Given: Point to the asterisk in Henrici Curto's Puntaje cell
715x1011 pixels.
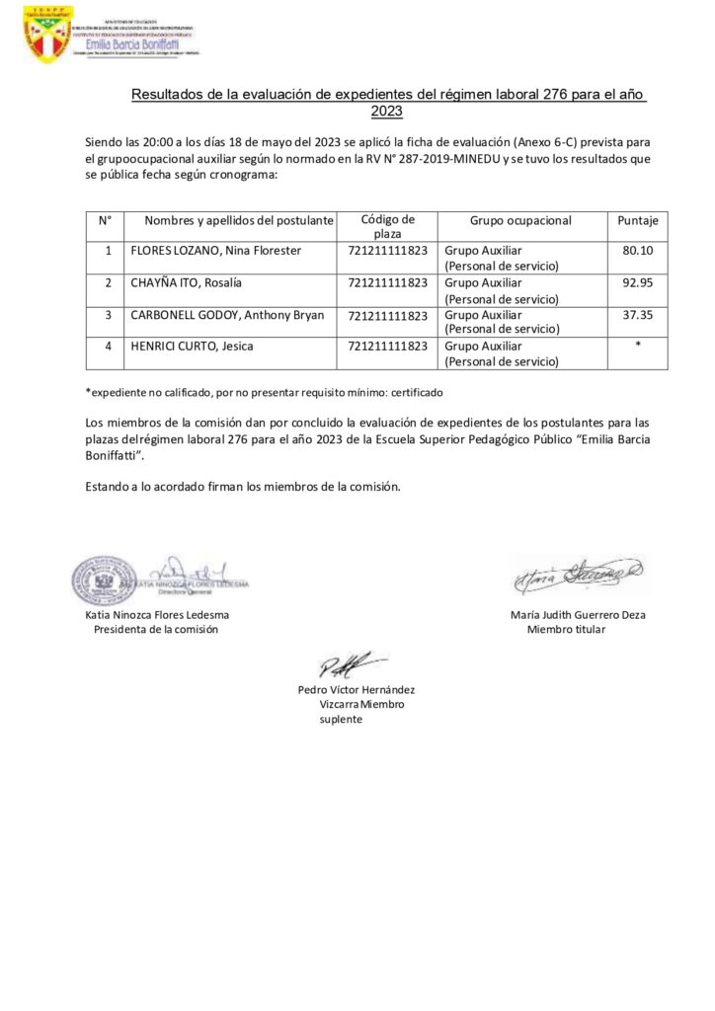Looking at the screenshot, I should pos(639,347).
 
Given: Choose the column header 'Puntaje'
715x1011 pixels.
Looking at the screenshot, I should pos(638,220).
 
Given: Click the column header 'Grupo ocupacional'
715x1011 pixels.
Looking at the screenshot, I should pos(519,220).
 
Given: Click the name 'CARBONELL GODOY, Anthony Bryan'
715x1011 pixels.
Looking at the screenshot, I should pos(227,315).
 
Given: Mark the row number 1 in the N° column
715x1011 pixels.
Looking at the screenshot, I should pos(106,251).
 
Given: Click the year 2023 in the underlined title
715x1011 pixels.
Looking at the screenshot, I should pos(389,113).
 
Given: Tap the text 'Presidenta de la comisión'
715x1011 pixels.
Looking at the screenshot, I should pos(156,629).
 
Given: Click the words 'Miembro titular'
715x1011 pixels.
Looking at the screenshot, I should pos(567,629).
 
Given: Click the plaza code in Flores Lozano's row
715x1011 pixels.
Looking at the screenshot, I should pos(388,251).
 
